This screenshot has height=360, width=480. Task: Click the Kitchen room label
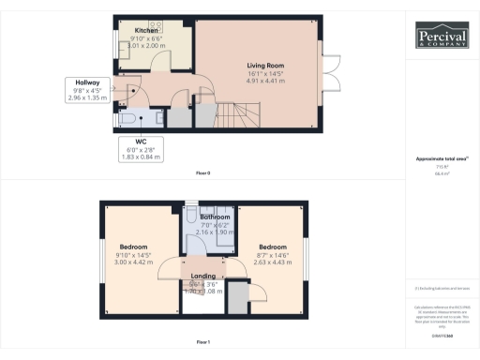146,31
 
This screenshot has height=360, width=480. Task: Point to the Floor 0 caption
202,173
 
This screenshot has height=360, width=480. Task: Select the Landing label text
202,277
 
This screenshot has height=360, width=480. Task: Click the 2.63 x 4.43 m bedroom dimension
273,262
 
